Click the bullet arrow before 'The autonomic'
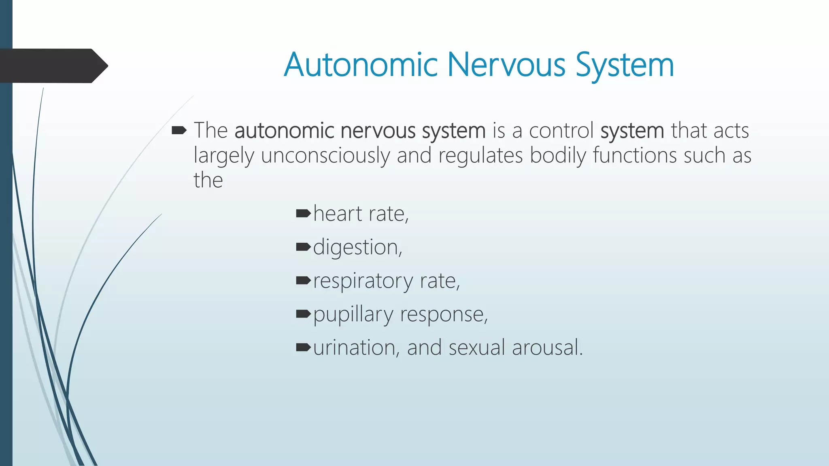179,130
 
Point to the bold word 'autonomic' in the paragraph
284,131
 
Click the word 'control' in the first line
561,131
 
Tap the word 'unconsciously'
325,156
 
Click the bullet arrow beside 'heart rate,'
303,213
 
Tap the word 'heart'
338,214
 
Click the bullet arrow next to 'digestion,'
303,247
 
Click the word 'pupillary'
353,315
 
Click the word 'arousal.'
547,348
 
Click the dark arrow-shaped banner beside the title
53,66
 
